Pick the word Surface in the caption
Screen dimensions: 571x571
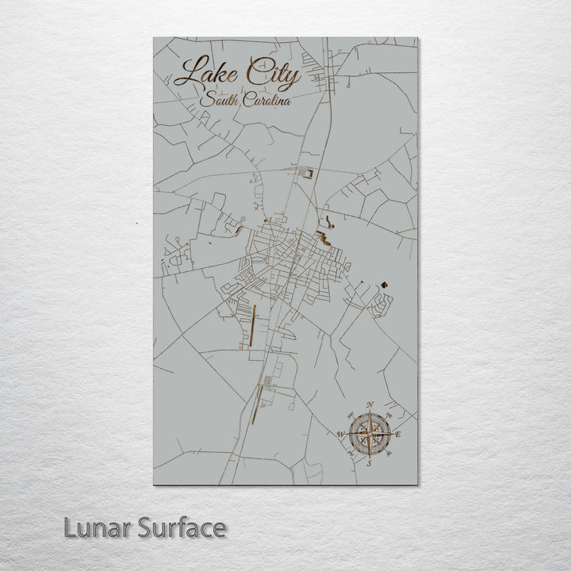[182, 527]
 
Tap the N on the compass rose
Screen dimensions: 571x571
[370, 406]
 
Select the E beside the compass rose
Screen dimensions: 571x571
[398, 435]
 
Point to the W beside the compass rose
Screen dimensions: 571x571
[340, 435]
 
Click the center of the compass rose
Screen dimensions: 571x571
[370, 435]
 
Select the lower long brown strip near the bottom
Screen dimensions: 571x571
[255, 404]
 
